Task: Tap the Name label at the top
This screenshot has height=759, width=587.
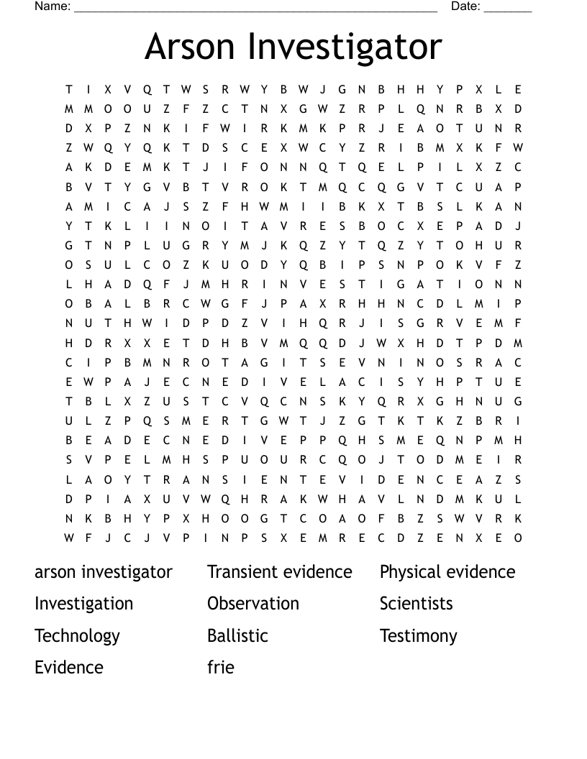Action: coord(52,6)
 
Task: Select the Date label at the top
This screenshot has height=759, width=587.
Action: coord(465,6)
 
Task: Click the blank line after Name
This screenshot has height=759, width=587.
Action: coord(255,9)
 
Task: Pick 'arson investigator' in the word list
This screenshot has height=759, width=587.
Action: coord(104,572)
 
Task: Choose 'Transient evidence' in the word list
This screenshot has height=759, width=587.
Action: coord(280,572)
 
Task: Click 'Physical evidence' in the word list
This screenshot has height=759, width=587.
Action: coord(447,572)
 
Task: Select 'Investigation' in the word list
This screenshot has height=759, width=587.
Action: coord(83,604)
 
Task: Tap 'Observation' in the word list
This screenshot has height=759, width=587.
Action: coord(253,604)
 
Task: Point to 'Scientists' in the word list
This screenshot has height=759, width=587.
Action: coord(417,604)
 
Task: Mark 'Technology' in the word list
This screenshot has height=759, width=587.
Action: coord(77,636)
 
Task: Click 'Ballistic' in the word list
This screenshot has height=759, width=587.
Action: coord(237,636)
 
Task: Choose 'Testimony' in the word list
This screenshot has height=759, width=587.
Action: coord(419,636)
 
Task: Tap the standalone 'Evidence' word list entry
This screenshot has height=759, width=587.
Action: coord(69,668)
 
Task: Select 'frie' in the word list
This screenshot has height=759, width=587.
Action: coord(221,668)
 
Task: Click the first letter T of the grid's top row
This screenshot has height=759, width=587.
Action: coord(69,90)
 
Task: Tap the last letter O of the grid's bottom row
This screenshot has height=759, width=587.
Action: coord(518,538)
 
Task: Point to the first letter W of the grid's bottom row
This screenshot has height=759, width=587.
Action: coord(69,538)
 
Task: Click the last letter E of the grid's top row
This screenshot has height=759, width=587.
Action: coord(518,90)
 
